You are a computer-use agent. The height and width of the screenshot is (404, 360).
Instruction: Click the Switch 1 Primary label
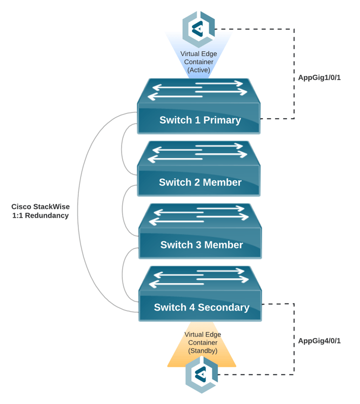pyautogui.click(x=200, y=120)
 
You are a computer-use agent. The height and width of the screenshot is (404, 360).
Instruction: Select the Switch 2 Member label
pyautogui.click(x=200, y=183)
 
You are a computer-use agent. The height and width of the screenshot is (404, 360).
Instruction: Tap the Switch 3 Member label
pyautogui.click(x=202, y=245)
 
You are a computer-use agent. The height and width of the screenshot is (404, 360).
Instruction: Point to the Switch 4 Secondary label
pyautogui.click(x=202, y=307)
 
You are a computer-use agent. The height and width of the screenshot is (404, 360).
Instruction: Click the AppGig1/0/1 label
pyautogui.click(x=319, y=78)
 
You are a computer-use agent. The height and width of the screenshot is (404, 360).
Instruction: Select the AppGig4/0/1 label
pyautogui.click(x=319, y=341)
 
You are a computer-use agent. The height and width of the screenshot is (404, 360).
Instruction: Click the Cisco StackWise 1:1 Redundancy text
pyautogui.click(x=41, y=211)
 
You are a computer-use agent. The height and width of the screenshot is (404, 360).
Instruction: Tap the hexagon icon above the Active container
pyautogui.click(x=199, y=29)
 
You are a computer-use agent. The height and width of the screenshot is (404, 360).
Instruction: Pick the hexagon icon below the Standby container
pyautogui.click(x=202, y=374)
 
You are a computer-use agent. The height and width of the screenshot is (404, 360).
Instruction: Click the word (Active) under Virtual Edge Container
pyautogui.click(x=198, y=70)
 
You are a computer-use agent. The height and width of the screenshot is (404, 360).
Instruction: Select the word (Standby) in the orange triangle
pyautogui.click(x=203, y=351)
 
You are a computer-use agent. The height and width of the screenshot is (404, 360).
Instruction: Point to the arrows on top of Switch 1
pyautogui.click(x=198, y=90)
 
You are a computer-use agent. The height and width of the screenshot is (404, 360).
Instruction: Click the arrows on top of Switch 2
pyautogui.click(x=198, y=153)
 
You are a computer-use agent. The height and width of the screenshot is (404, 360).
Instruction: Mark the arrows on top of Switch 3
pyautogui.click(x=199, y=216)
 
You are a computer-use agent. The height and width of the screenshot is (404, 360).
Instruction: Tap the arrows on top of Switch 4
pyautogui.click(x=199, y=278)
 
